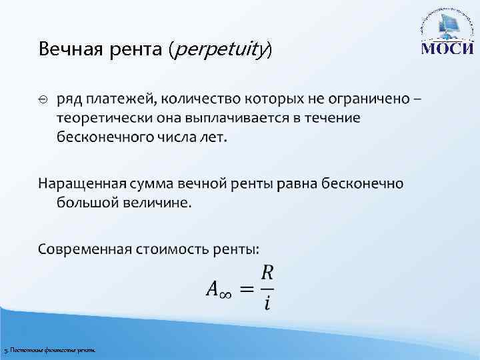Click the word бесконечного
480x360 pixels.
pyautogui.click(x=103, y=137)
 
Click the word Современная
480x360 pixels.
pyautogui.click(x=85, y=249)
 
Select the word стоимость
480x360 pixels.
pyautogui.click(x=172, y=249)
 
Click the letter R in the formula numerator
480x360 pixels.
pyautogui.click(x=267, y=273)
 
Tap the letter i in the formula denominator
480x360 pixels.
pyautogui.click(x=267, y=303)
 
